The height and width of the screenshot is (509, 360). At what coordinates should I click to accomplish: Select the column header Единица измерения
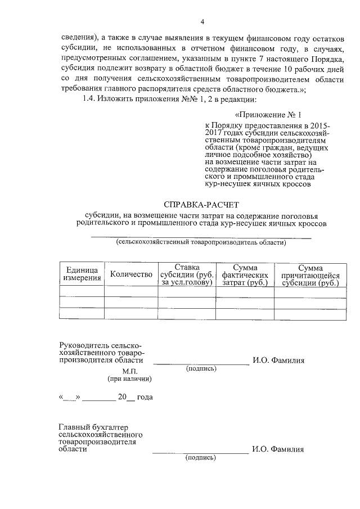[x=82, y=273]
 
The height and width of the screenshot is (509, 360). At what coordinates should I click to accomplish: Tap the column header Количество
[x=132, y=274]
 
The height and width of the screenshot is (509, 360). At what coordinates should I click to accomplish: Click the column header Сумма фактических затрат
[x=245, y=274]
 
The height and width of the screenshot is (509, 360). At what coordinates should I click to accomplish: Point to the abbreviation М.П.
[x=130, y=371]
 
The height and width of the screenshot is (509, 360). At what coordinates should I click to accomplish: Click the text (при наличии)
[x=130, y=379]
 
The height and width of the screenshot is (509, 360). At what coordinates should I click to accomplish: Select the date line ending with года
[x=106, y=397]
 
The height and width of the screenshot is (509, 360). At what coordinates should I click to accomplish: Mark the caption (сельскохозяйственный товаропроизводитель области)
[x=201, y=243]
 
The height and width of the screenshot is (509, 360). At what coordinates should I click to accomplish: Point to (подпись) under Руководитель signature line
[x=200, y=369]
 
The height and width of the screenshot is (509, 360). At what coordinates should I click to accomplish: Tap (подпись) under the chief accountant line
[x=200, y=458]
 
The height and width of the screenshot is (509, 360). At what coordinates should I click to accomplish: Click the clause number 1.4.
[x=90, y=100]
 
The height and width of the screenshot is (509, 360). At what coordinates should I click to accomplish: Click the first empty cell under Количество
[x=132, y=291]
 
